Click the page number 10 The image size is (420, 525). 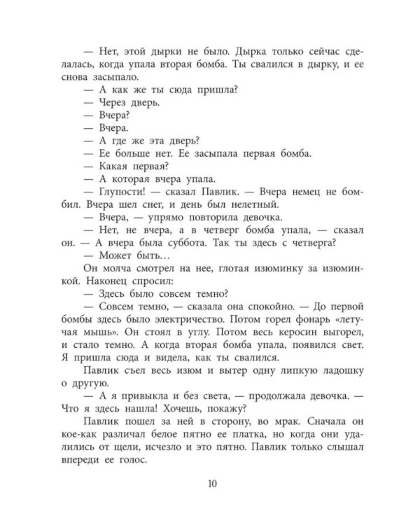click(211, 482)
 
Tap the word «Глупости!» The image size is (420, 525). click(122, 192)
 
